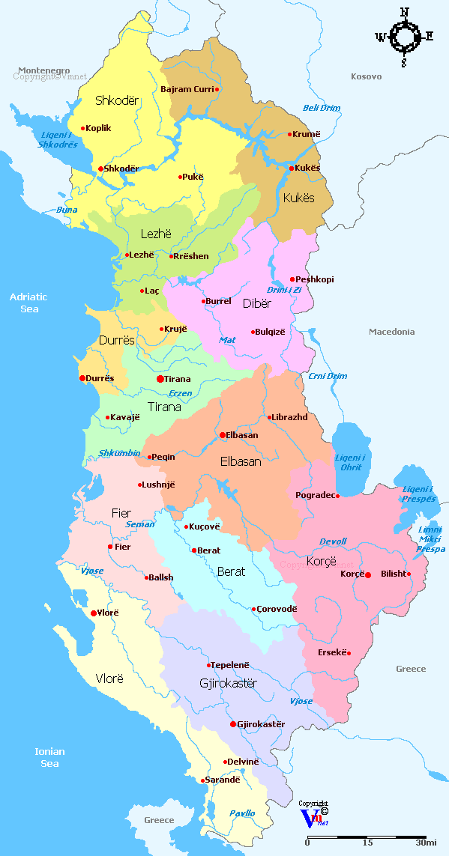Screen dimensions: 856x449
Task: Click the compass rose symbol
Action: click(x=405, y=36)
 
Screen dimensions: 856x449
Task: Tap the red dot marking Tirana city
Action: click(x=160, y=379)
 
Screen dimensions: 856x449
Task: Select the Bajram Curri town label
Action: click(x=187, y=90)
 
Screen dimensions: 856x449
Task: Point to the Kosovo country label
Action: click(x=366, y=76)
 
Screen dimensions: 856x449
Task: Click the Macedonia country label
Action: click(x=391, y=332)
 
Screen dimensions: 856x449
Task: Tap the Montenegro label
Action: click(x=44, y=69)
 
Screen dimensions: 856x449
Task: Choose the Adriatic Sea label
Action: click(x=28, y=303)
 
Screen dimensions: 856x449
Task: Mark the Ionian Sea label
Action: click(x=49, y=757)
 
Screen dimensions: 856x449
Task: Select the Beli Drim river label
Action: click(x=322, y=108)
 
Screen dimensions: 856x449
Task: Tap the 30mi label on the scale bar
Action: click(x=426, y=843)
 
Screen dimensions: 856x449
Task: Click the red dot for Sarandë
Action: click(x=202, y=780)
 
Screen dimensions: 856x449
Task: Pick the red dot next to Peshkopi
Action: click(x=292, y=279)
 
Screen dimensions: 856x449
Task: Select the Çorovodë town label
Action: click(x=277, y=610)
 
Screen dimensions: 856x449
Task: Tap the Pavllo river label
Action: click(x=242, y=813)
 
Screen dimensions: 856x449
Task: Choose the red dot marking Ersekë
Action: click(x=349, y=653)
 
